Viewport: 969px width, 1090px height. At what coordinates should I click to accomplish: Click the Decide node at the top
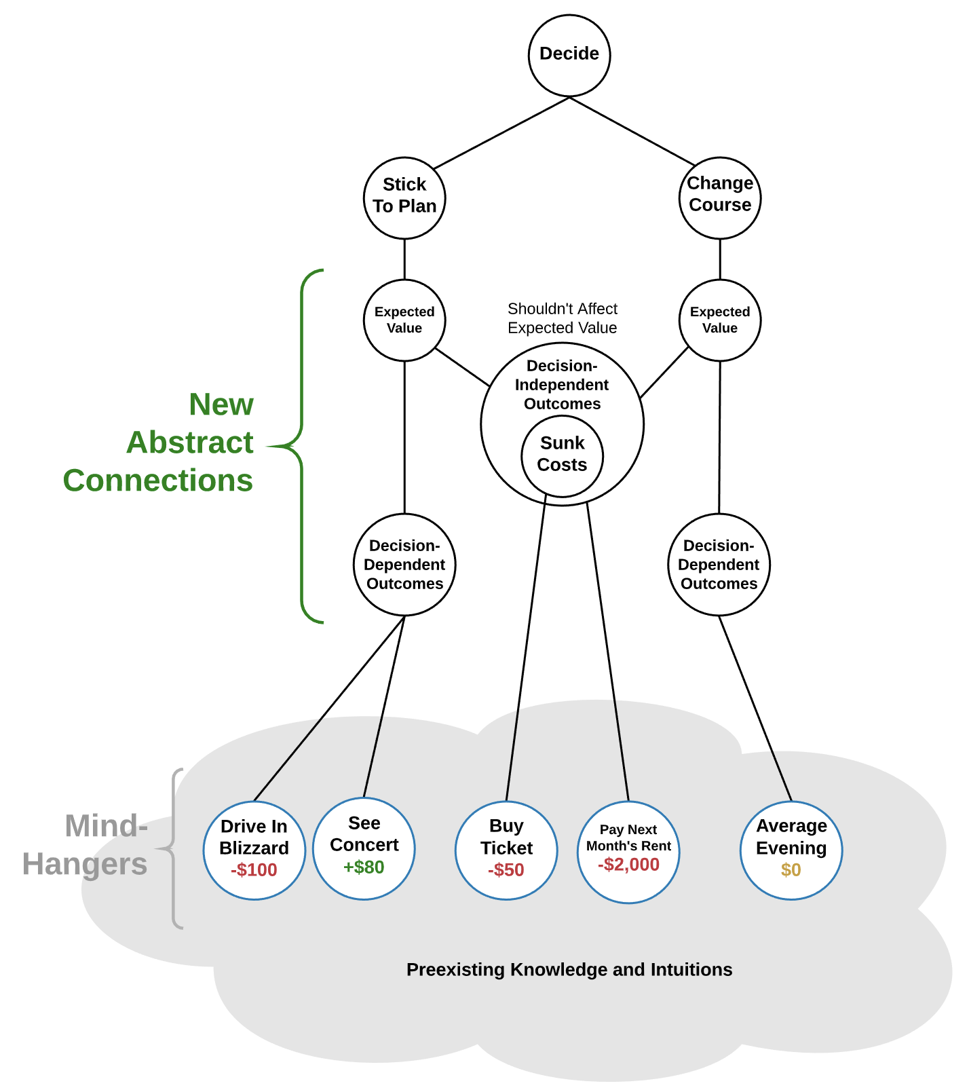click(x=569, y=55)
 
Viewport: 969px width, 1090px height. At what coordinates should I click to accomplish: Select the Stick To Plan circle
click(x=404, y=198)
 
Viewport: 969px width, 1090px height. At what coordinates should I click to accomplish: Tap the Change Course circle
click(x=719, y=198)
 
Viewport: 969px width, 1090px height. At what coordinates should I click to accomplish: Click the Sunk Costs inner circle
click(x=562, y=455)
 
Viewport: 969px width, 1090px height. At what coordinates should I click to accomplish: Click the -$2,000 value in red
click(x=628, y=865)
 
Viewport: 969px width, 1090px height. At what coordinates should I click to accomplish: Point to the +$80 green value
click(x=364, y=867)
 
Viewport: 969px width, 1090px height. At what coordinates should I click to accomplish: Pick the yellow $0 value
click(x=791, y=870)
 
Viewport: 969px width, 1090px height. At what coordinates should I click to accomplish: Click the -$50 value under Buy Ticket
click(x=506, y=870)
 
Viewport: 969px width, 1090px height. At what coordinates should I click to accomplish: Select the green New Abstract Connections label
click(x=176, y=443)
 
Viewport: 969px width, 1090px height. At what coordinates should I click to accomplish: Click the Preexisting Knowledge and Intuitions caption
click(x=569, y=969)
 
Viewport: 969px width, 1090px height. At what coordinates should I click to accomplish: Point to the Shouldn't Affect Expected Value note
click(x=562, y=318)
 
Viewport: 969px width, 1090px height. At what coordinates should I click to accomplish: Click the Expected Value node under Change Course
click(x=719, y=320)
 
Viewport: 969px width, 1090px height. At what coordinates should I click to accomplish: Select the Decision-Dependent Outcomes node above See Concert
click(x=404, y=564)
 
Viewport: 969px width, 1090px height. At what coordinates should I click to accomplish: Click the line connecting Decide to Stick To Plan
click(x=501, y=133)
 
